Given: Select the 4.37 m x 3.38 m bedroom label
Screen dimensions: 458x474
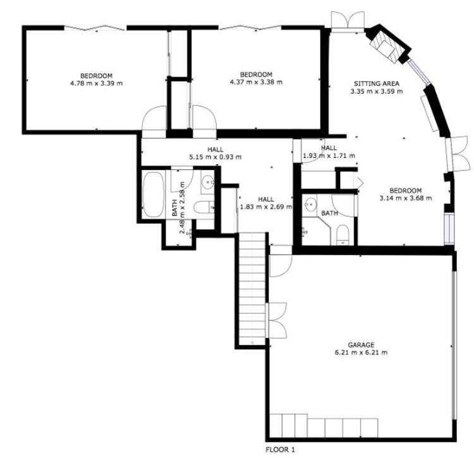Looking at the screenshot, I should [256, 78].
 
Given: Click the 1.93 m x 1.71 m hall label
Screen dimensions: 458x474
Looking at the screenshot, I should [329, 152].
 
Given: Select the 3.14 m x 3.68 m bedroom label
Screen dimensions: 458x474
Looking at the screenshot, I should [405, 194].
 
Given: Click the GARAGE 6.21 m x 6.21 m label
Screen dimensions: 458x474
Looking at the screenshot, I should [361, 349].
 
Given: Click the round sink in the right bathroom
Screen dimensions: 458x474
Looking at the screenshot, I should [310, 205].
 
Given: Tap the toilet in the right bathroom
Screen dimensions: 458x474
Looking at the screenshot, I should [342, 234].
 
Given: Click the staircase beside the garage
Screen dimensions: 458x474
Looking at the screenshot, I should [252, 287].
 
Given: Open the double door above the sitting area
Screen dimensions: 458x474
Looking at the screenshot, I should [347, 20].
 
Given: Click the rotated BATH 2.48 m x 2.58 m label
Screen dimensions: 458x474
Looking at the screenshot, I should [178, 208].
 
